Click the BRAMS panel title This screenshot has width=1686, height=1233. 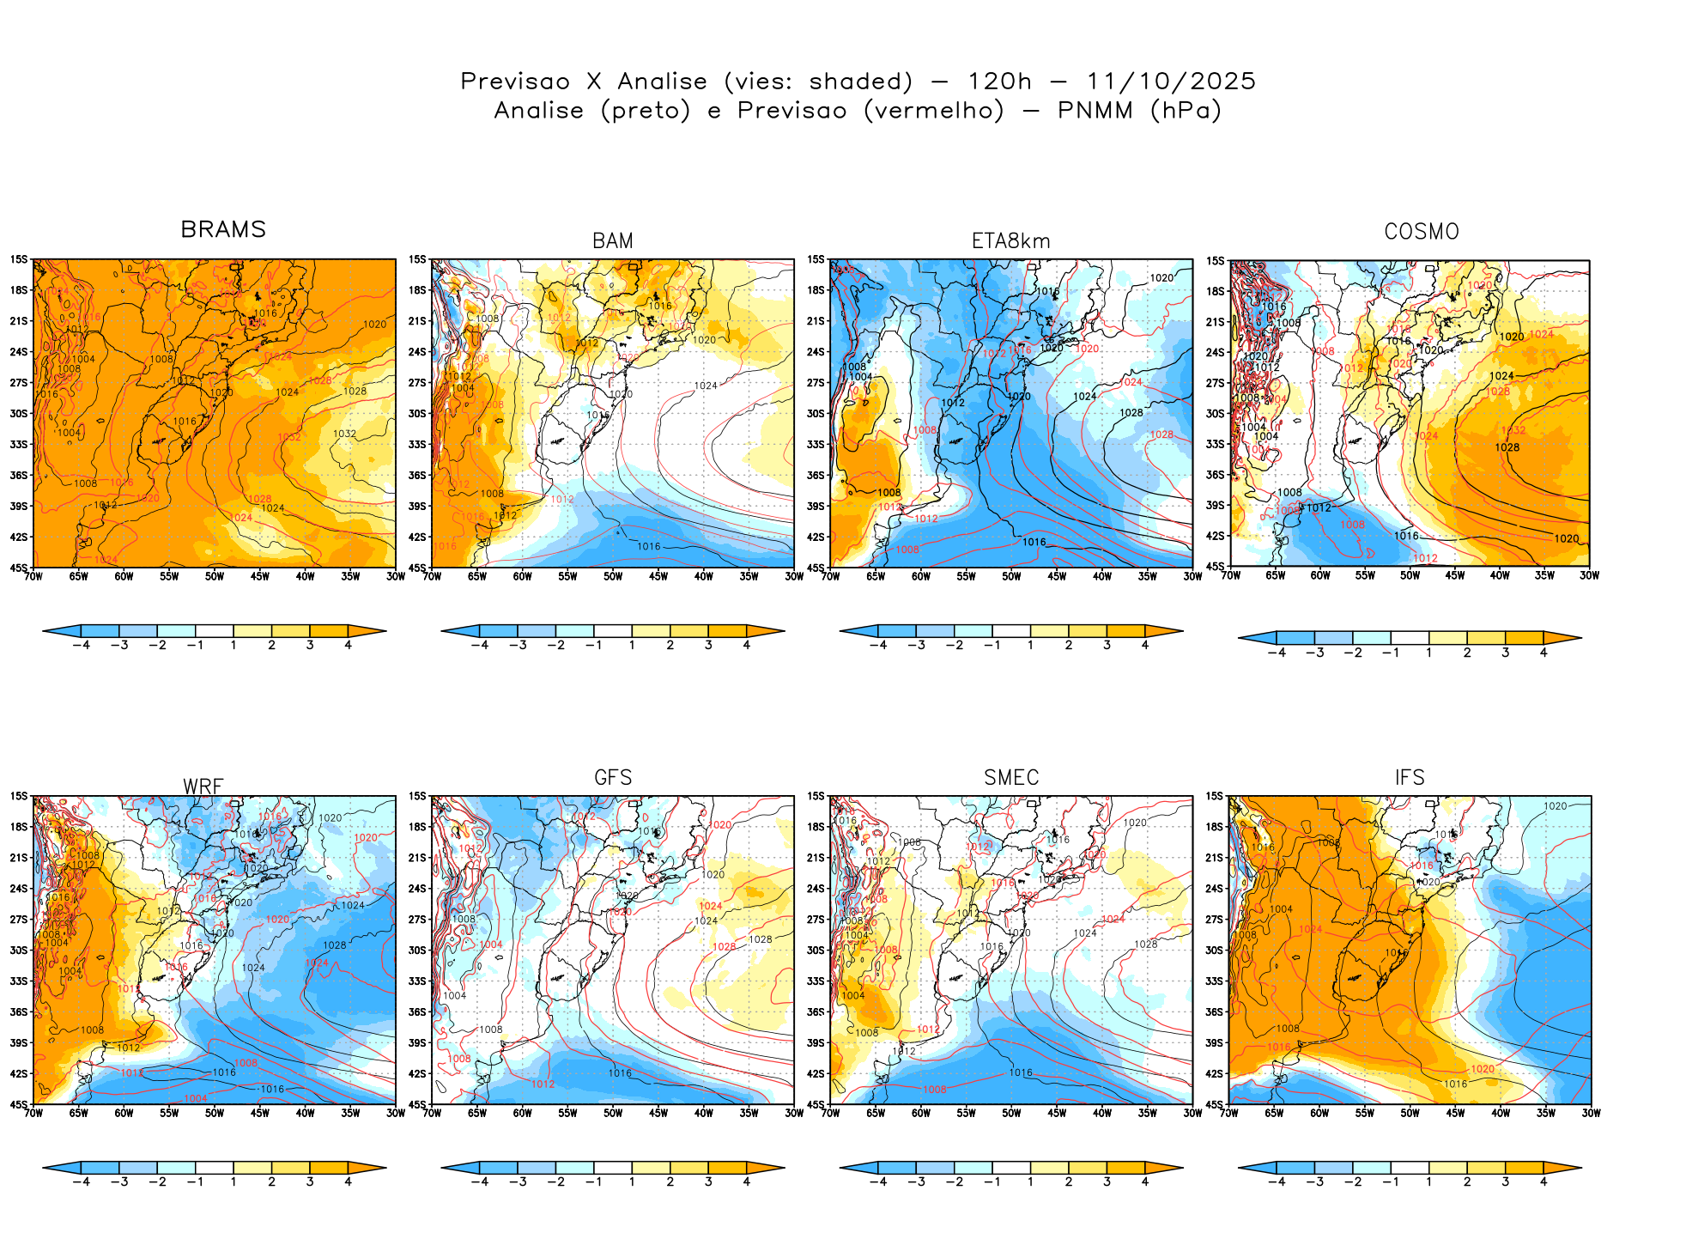click(223, 229)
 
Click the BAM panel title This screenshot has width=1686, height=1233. click(613, 241)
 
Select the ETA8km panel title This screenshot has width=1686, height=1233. click(1010, 241)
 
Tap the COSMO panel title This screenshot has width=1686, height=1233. click(1422, 232)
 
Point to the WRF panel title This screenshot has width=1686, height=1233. click(203, 787)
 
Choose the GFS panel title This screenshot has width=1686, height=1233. click(613, 777)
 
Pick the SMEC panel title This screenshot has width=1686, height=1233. click(1011, 777)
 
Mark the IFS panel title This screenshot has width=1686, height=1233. click(1410, 777)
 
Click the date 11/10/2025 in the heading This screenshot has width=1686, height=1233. click(1171, 82)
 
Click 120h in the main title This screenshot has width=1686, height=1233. click(999, 82)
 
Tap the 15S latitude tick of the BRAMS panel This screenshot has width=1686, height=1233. click(19, 259)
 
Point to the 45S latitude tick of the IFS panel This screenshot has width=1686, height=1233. click(1215, 1104)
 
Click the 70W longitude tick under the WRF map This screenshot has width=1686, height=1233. click(33, 1114)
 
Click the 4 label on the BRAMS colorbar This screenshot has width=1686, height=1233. click(348, 646)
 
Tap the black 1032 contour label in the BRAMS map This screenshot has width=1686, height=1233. click(344, 434)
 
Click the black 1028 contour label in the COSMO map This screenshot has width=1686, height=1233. click(1507, 447)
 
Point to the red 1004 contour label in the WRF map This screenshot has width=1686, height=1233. click(196, 1098)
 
